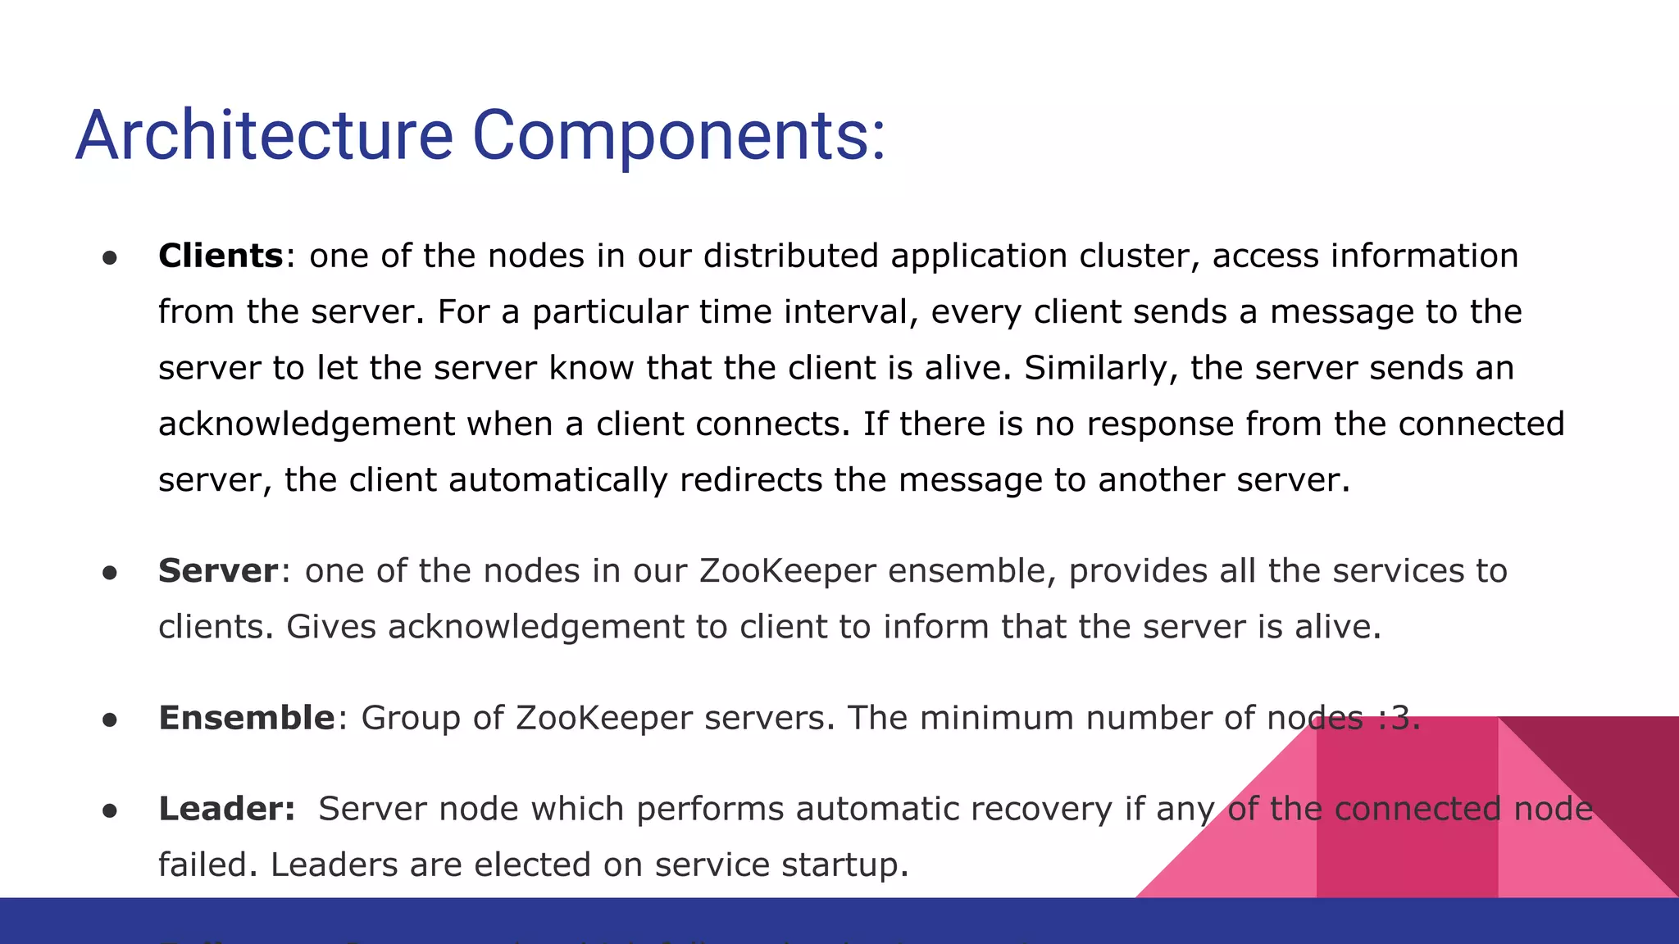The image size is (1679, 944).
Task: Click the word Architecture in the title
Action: pyautogui.click(x=264, y=135)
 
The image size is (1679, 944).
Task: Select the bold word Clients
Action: pyautogui.click(x=221, y=256)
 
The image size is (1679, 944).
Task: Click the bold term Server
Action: pyautogui.click(x=218, y=570)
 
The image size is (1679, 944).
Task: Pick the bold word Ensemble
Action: pyautogui.click(x=246, y=718)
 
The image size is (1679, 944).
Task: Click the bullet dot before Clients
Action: pyautogui.click(x=110, y=258)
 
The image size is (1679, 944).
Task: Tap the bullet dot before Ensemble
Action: pyautogui.click(x=110, y=720)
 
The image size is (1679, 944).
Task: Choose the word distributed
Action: pyautogui.click(x=790, y=256)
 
